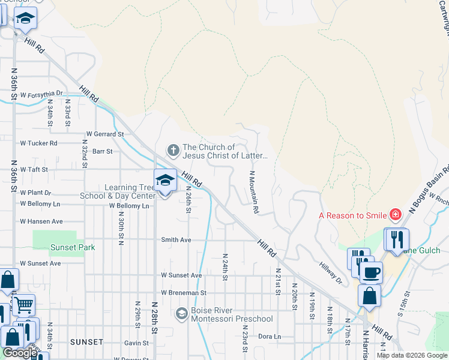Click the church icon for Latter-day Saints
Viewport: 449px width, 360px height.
coord(173,149)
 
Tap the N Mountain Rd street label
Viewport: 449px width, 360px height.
coord(254,193)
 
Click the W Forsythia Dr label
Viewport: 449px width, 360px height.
coord(41,94)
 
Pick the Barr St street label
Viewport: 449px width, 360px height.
coord(103,152)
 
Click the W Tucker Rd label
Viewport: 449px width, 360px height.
coord(38,143)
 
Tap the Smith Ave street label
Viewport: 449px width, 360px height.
coord(176,239)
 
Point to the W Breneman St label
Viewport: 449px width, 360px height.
coord(183,293)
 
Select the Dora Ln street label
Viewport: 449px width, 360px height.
coord(270,337)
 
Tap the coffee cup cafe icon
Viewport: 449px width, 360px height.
coord(371,273)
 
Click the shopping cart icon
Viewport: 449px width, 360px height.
coord(23,305)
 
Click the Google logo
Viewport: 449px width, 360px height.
coord(19,353)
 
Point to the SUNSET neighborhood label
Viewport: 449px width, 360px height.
coord(86,342)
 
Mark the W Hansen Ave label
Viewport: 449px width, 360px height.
coord(41,221)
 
